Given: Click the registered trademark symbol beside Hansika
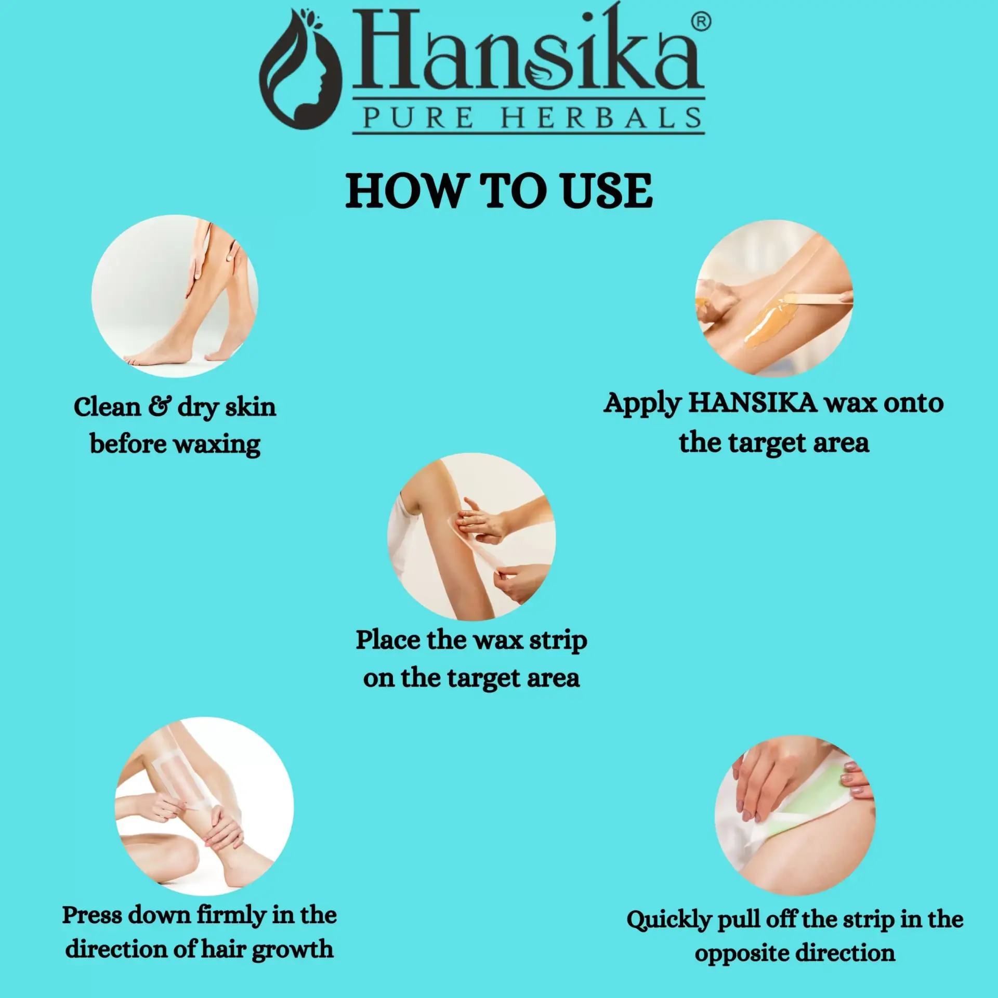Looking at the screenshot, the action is [701, 22].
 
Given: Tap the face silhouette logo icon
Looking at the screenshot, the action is [300, 70].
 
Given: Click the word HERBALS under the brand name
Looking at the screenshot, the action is [602, 118].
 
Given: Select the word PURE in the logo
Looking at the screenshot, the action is [418, 118].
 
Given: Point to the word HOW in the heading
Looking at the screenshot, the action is [405, 191].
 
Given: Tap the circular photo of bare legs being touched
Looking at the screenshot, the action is [175, 296].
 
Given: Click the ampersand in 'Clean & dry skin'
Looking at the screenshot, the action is [159, 406].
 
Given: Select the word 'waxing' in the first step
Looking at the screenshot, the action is [217, 445].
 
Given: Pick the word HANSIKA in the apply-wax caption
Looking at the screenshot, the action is [753, 403].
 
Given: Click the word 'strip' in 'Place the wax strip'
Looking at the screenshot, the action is [558, 641].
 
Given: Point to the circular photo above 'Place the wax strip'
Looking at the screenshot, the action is [471, 536].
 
